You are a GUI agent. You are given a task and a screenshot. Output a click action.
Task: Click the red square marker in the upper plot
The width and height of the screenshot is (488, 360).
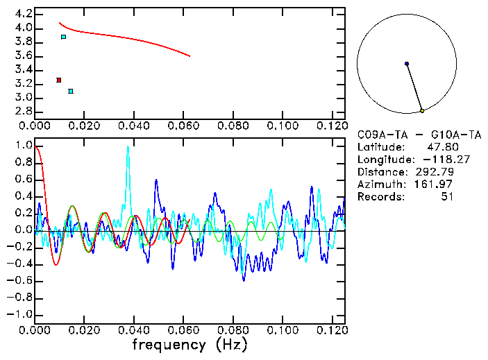[59, 80]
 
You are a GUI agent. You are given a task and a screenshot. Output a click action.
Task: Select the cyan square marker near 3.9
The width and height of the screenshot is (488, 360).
[64, 37]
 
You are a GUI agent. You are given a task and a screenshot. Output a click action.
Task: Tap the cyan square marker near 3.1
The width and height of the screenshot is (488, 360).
[71, 91]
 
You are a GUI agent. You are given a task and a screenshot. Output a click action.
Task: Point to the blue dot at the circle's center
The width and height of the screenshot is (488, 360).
[407, 64]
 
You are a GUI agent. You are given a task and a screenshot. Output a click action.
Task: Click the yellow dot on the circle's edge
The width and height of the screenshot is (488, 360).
[422, 110]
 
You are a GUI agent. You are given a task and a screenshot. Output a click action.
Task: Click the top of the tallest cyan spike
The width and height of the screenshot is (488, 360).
[128, 146]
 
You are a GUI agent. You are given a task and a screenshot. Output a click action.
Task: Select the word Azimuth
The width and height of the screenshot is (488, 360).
[379, 185]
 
